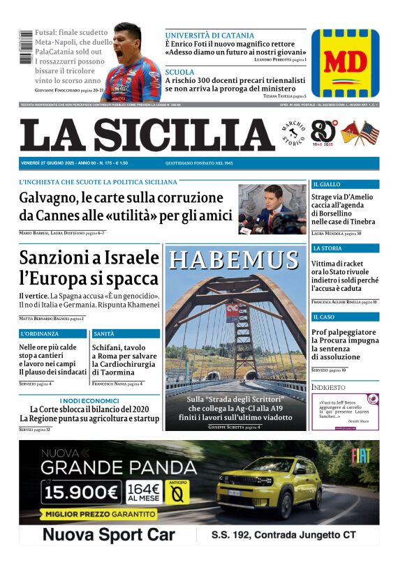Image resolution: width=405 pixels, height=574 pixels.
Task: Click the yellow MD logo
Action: coord(345,63)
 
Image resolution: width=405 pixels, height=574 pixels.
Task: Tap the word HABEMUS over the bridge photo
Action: coord(234,259)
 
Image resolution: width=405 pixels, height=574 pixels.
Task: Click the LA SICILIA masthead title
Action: coord(147,135)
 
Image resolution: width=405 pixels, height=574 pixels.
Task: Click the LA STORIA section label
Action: coord(327,248)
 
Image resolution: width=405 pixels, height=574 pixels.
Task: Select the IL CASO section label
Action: coord(323,317)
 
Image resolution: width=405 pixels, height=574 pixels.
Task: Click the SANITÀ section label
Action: coord(103,334)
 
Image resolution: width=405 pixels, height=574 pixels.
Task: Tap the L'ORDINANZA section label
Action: coord(40,334)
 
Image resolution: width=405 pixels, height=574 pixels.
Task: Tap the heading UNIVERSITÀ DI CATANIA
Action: coord(209,35)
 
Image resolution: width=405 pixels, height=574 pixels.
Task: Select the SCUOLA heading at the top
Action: coord(180,72)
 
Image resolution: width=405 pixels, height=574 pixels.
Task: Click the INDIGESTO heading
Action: coord(328,387)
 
